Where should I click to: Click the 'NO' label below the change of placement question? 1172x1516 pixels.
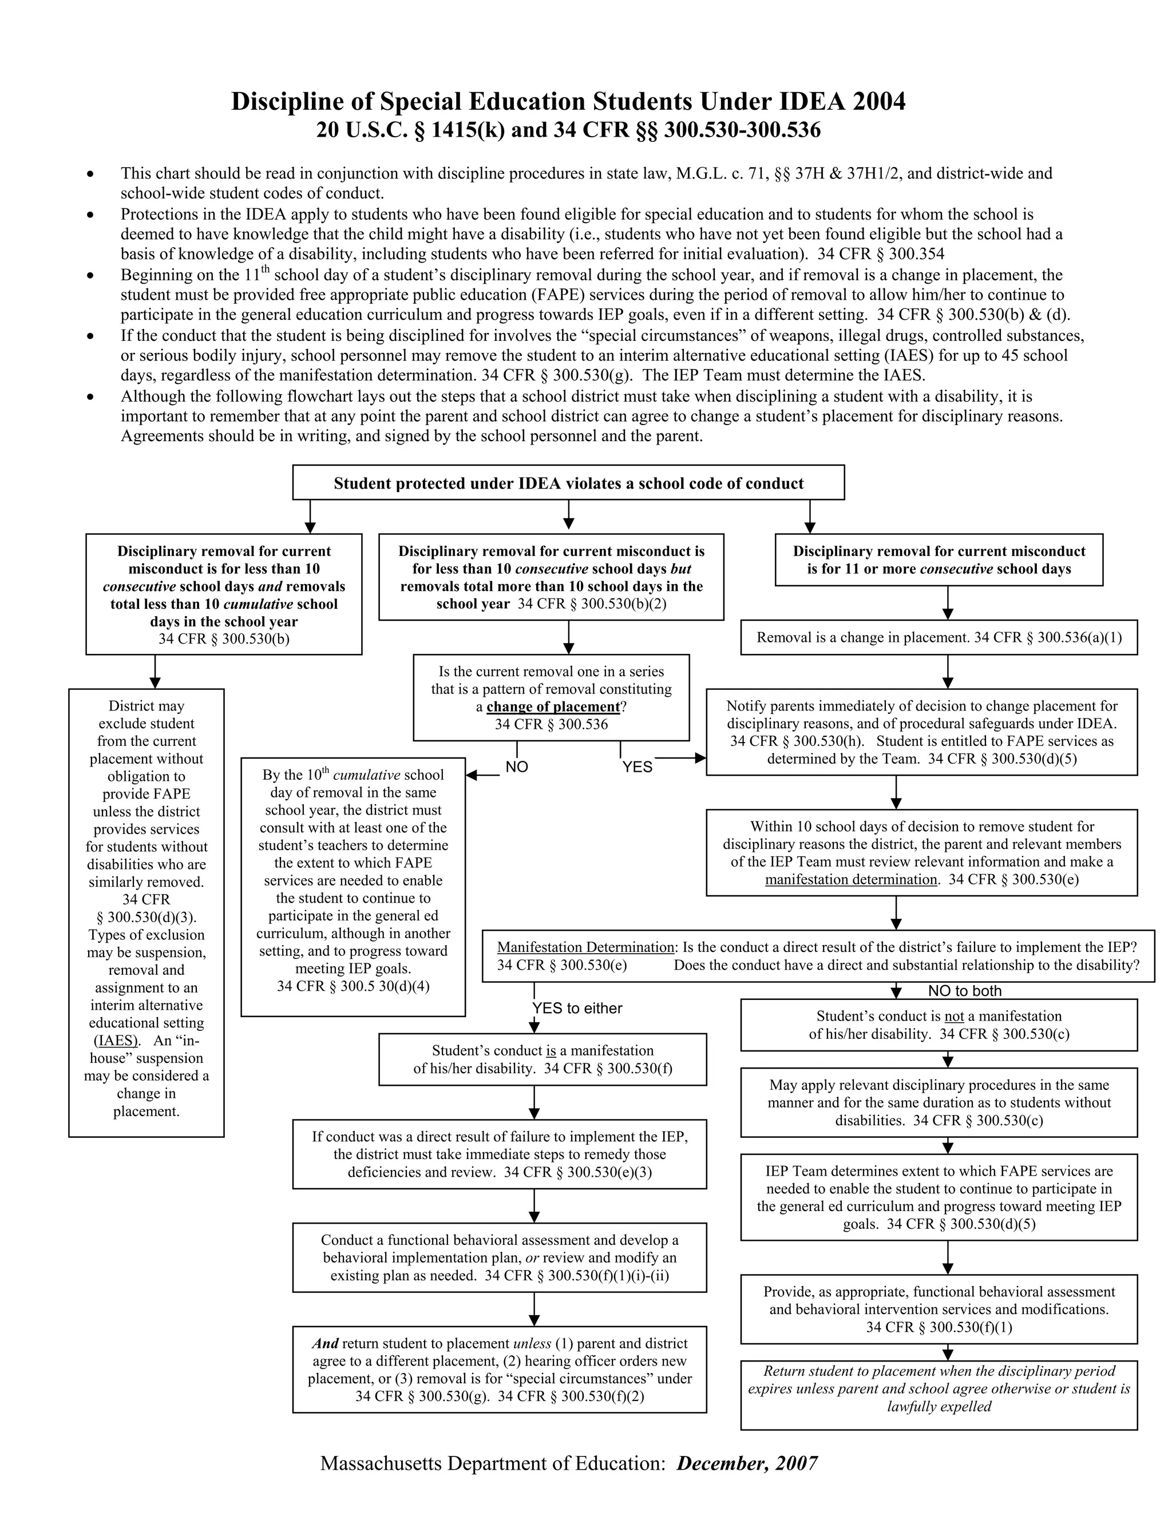(517, 767)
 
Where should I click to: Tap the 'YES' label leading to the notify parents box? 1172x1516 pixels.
(638, 767)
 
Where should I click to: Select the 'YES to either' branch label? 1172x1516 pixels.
(577, 1009)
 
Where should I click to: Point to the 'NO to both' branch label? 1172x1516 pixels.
(964, 991)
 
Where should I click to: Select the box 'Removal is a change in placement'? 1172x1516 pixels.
(939, 637)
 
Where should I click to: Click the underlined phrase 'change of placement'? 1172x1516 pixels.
(553, 707)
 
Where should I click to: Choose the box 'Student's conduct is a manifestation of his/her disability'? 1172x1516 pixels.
(543, 1059)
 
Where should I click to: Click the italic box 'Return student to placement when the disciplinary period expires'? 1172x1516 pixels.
(939, 1389)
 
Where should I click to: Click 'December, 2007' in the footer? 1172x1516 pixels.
(746, 1463)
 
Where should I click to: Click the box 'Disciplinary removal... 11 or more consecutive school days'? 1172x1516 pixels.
(939, 560)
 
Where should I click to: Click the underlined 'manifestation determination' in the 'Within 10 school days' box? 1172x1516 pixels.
(851, 879)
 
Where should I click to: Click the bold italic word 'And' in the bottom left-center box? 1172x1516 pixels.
(325, 1344)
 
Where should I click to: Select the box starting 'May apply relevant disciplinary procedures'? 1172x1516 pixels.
(939, 1102)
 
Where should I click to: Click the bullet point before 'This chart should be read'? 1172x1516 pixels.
(90, 173)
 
